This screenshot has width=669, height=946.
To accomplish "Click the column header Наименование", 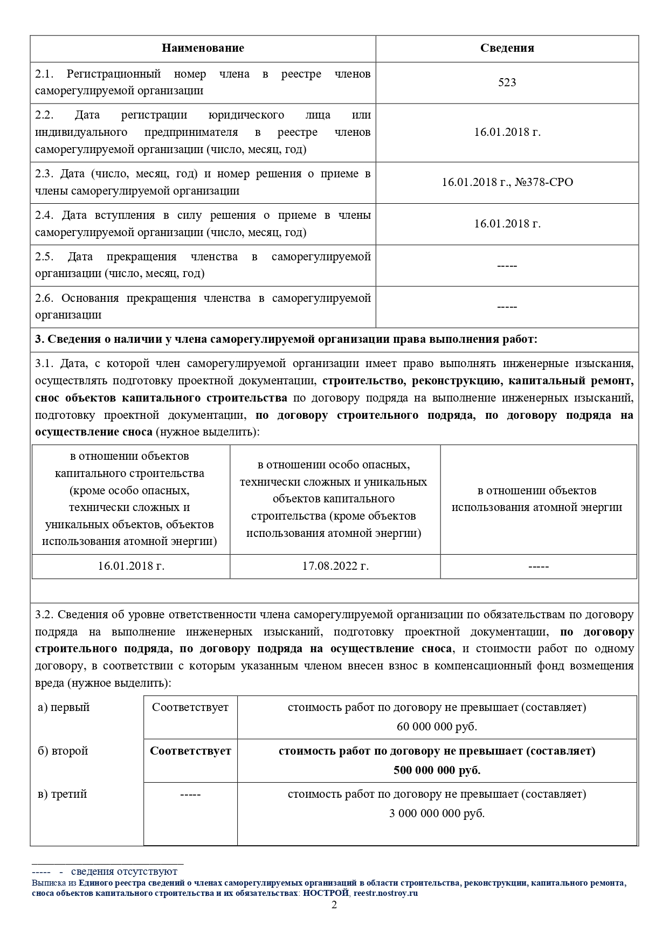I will point(203,49).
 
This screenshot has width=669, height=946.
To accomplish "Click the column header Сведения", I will point(507,49).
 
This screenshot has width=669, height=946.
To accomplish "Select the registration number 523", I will point(507,82).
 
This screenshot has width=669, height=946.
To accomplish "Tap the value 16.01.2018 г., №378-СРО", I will point(507,182).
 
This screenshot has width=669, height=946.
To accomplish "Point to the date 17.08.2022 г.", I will point(335,567).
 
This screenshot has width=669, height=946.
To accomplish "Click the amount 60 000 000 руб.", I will point(437,727).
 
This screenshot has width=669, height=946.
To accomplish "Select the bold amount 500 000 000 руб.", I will point(437,770).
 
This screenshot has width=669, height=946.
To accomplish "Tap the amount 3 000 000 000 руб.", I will point(437,813).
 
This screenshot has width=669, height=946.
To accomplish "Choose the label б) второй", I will point(63,751).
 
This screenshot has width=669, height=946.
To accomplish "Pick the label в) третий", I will point(62,794).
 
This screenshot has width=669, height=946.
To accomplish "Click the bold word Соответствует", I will point(190,751).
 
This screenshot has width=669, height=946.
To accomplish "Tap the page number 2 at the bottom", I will point(334,905).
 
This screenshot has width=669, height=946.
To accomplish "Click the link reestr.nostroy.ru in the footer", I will point(385,893).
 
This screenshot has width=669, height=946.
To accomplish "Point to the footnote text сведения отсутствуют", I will point(124,872).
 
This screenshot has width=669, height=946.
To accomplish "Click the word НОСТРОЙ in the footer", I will point(326,893).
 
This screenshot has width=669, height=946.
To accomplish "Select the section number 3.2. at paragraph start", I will point(44,615).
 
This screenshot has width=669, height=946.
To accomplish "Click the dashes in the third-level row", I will point(190,795).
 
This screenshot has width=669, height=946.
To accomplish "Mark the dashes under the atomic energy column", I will point(538,567).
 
